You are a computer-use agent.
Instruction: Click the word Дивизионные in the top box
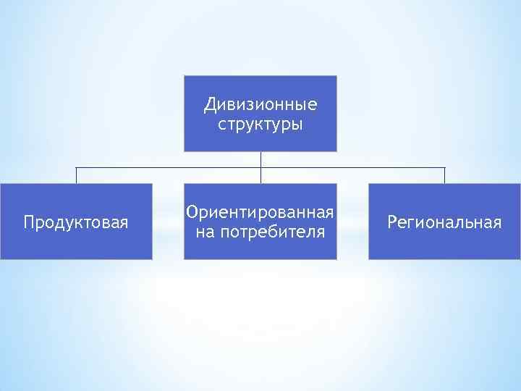tap(260, 105)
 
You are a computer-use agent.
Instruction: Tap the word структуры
tap(260, 125)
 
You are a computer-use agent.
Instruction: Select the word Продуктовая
tap(76, 222)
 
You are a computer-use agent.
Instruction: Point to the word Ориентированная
tap(260, 213)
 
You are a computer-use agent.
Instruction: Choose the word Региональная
tap(444, 222)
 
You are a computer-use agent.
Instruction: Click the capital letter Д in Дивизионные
tap(210, 106)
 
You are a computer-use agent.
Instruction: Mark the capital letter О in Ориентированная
tap(192, 213)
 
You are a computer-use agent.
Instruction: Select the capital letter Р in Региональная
tap(391, 222)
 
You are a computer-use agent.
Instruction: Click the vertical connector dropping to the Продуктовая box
tap(76, 176)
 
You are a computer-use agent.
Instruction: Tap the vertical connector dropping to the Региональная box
tap(444, 176)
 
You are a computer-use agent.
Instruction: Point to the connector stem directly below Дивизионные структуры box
tap(260, 159)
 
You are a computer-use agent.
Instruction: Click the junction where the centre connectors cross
tap(260, 168)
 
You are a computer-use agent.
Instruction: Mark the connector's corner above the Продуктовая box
tap(76, 168)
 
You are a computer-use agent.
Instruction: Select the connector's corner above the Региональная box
tap(444, 168)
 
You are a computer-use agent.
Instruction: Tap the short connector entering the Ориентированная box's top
tap(260, 177)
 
